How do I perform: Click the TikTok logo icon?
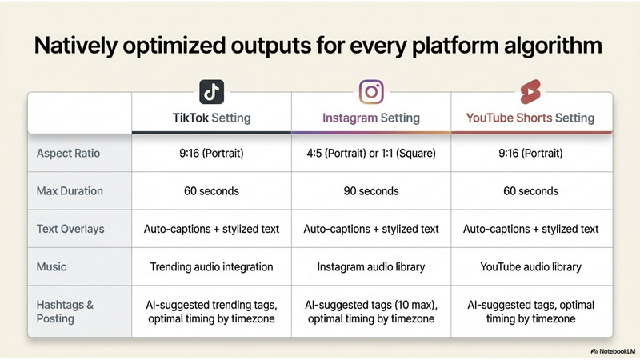pos(211,92)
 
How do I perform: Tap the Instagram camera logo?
pos(371,92)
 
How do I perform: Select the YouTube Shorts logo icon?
pos(530,92)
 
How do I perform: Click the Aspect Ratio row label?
pos(68,153)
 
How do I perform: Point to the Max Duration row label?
pos(70,191)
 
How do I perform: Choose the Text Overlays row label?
pos(70,229)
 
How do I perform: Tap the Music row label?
pos(51,267)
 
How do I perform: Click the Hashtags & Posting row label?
pos(65,311)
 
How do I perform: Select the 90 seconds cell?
pos(371,191)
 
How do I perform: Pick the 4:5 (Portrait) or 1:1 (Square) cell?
pos(371,153)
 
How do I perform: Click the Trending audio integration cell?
pos(211,267)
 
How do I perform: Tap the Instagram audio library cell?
pos(371,267)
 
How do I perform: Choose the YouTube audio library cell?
pos(530,267)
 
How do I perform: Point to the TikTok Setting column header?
pos(211,118)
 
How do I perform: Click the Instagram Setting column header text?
pos(371,118)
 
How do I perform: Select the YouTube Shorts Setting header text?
pos(530,118)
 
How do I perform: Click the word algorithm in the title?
pos(553,46)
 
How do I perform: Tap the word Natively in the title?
pos(76,46)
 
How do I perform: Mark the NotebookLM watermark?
pos(613,351)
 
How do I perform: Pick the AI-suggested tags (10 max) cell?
pos(371,311)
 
